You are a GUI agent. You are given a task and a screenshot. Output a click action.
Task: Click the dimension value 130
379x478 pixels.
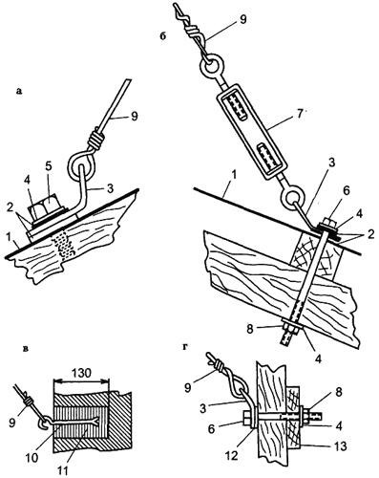pyautogui.click(x=80, y=373)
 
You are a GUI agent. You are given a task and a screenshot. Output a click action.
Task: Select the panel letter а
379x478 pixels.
pyautogui.click(x=19, y=92)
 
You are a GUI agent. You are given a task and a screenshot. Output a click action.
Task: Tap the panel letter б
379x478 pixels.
pyautogui.click(x=162, y=36)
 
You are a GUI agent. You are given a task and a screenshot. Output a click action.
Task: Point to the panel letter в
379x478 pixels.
pyautogui.click(x=27, y=349)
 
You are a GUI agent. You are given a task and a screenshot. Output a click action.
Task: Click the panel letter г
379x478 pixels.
pyautogui.click(x=185, y=347)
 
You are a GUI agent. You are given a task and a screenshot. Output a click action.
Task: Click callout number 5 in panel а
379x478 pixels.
pyautogui.click(x=49, y=166)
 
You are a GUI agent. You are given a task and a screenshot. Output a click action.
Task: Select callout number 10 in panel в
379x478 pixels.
pyautogui.click(x=32, y=458)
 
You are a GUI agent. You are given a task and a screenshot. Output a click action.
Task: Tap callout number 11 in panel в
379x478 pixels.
pyautogui.click(x=63, y=470)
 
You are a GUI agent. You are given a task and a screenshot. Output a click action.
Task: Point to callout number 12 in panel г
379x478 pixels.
pyautogui.click(x=231, y=456)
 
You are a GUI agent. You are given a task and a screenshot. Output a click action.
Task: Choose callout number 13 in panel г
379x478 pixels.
pyautogui.click(x=340, y=446)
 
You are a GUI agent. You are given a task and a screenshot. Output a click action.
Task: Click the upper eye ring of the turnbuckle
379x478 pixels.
pyautogui.click(x=212, y=67)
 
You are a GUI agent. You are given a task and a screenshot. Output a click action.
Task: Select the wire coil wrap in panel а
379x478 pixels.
pyautogui.click(x=97, y=140)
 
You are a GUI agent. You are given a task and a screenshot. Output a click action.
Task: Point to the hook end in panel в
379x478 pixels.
pyautogui.click(x=44, y=421)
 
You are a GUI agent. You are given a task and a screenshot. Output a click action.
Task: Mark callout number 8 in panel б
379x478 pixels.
pyautogui.click(x=250, y=330)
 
